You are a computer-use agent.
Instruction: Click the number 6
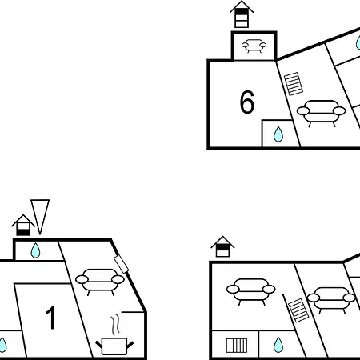247,102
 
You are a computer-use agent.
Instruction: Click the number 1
50,318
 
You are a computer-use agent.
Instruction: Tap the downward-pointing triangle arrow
40,217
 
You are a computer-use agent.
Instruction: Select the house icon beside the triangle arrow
23,225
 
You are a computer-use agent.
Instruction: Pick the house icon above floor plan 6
242,14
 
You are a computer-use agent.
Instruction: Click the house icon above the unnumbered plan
222,246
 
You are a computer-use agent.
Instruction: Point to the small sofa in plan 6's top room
254,46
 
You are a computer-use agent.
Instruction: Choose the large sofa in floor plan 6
321,113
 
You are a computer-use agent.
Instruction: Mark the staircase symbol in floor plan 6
294,84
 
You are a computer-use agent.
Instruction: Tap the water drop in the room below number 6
278,134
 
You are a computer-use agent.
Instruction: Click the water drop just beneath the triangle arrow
35,250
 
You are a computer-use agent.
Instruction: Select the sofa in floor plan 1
100,282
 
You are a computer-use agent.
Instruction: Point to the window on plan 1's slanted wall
122,265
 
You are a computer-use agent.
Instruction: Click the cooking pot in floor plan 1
114,346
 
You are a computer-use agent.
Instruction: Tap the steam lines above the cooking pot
115,326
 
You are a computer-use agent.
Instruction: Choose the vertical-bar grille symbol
237,346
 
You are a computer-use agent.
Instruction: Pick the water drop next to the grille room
278,345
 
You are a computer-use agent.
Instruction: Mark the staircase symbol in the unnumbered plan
298,310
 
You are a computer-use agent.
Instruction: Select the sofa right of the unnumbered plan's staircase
331,300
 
